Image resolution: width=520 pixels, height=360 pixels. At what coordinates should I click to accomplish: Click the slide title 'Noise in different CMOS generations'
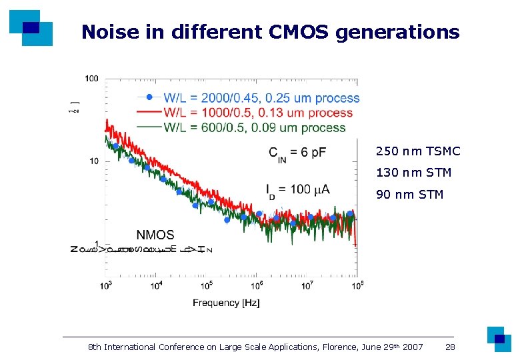270,32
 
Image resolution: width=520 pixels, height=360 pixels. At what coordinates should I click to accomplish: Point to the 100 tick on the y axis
91,79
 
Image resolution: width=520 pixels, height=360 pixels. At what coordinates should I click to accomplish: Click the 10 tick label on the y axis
93,161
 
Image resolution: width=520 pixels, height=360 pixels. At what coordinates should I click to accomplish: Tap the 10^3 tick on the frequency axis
105,285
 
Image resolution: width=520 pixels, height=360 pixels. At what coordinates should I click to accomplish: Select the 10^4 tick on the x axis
156,285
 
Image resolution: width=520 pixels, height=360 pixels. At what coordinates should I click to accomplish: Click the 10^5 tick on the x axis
207,285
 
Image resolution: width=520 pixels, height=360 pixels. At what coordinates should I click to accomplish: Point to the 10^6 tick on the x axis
257,285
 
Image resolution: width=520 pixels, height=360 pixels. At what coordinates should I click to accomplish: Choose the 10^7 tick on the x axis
307,285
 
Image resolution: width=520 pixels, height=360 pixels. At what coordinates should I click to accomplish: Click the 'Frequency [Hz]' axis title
226,303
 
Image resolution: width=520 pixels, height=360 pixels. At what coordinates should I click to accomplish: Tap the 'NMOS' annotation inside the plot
155,235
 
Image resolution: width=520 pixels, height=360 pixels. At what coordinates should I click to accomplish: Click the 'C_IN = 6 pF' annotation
297,153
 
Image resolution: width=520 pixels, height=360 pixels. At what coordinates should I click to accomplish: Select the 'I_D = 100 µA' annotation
297,190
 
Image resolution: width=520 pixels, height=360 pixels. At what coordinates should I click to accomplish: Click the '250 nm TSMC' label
418,151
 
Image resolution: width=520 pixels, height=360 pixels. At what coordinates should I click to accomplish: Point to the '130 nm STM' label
414,173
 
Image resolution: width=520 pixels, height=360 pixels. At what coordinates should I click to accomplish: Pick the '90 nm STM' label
410,195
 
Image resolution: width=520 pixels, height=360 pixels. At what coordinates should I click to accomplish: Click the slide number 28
450,347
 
